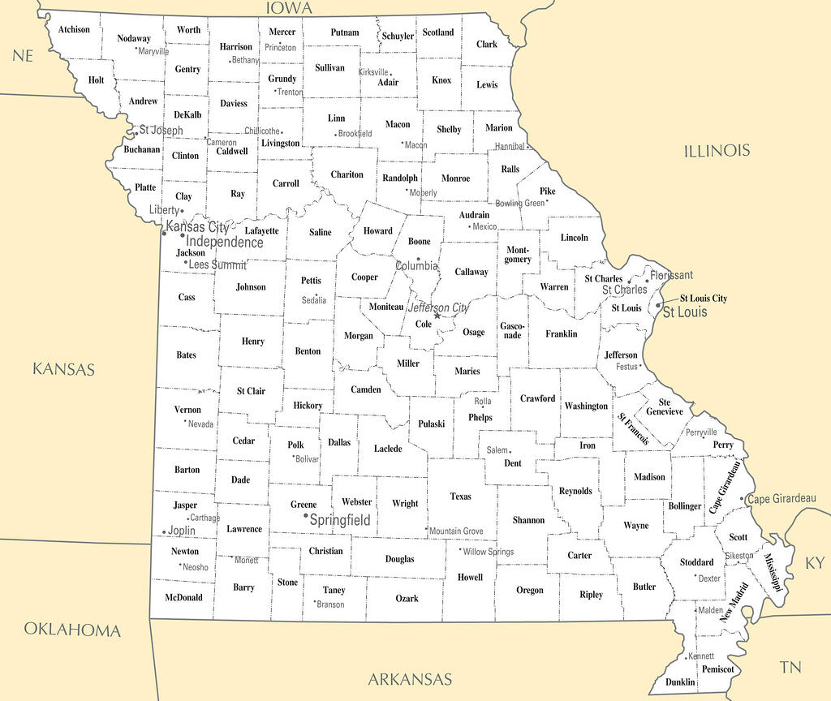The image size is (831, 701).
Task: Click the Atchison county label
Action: point(74,30)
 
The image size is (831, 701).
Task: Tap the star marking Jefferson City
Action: point(437,316)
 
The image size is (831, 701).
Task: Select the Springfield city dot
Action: point(305,516)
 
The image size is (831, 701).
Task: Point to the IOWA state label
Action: point(289,8)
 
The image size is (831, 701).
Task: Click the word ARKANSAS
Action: point(410,679)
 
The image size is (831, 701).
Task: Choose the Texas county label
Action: point(460,496)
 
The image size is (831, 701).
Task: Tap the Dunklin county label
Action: point(680,682)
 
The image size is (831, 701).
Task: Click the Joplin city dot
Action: point(164,532)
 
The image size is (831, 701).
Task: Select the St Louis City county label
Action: point(703,299)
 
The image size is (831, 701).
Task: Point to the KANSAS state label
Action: point(63,369)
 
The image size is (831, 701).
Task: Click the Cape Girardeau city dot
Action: point(744,499)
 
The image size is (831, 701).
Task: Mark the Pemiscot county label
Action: point(717,669)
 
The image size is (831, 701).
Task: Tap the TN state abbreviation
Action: point(790,667)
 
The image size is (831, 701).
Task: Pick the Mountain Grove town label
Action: point(456,531)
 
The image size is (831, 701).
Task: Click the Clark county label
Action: point(487,45)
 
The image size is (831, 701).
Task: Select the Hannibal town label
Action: point(510,147)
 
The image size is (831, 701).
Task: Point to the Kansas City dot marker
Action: point(164,234)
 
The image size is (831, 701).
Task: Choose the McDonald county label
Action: point(183,598)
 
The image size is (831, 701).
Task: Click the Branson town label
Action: point(331,604)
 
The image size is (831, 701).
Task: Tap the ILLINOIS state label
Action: point(717,151)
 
